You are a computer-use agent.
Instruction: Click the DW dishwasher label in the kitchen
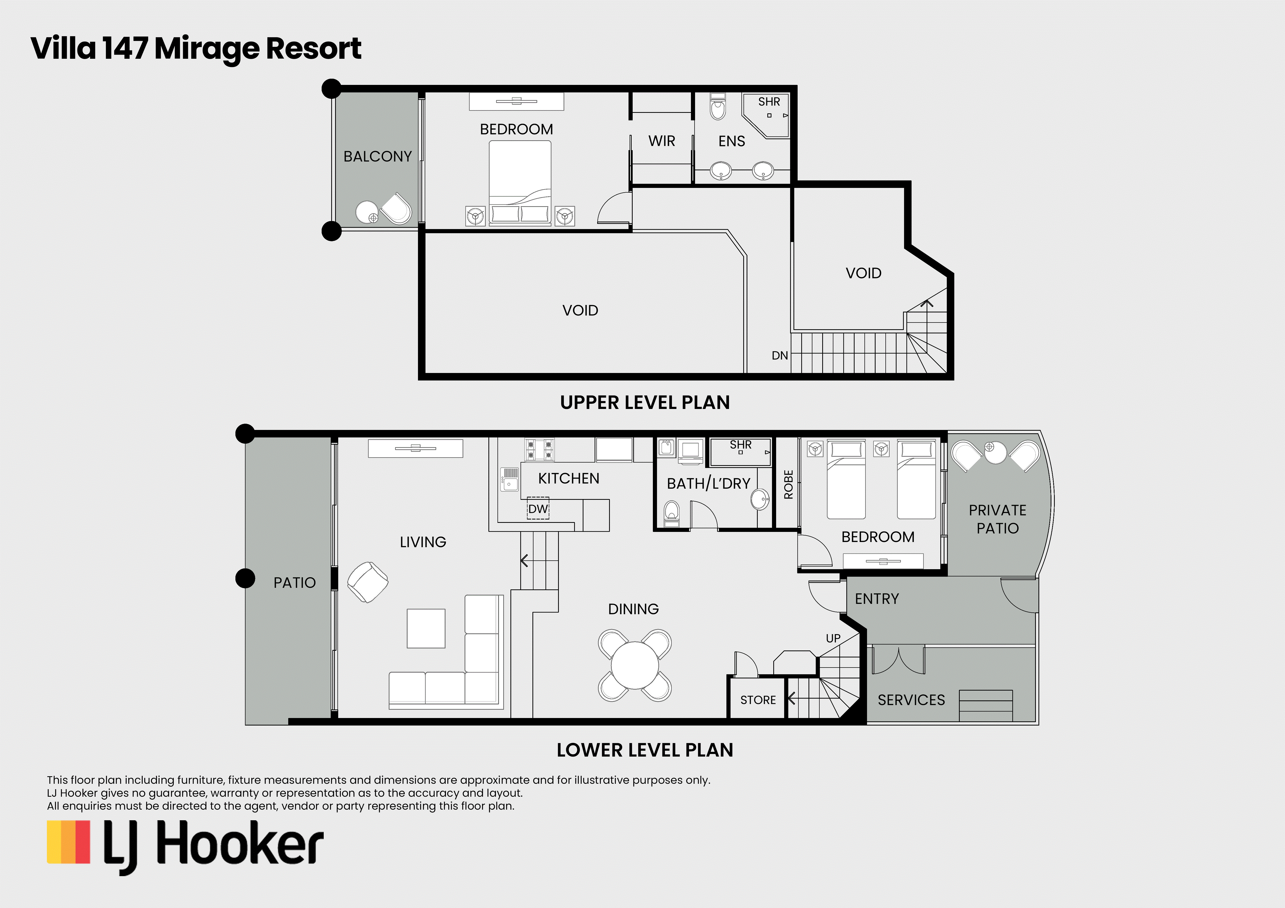point(538,509)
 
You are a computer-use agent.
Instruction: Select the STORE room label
point(758,700)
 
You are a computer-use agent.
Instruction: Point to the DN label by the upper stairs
point(779,355)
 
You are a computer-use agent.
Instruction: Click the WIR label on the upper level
point(661,141)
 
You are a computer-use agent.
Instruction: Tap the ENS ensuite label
point(732,141)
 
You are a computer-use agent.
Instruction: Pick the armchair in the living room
point(368,582)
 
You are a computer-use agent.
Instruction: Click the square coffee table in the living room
point(426,628)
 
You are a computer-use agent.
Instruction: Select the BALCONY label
point(378,157)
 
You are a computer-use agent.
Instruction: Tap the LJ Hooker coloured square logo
point(68,842)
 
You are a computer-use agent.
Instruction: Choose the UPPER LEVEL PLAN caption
point(645,402)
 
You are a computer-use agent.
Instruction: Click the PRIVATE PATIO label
point(997,519)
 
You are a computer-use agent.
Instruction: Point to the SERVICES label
point(911,700)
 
